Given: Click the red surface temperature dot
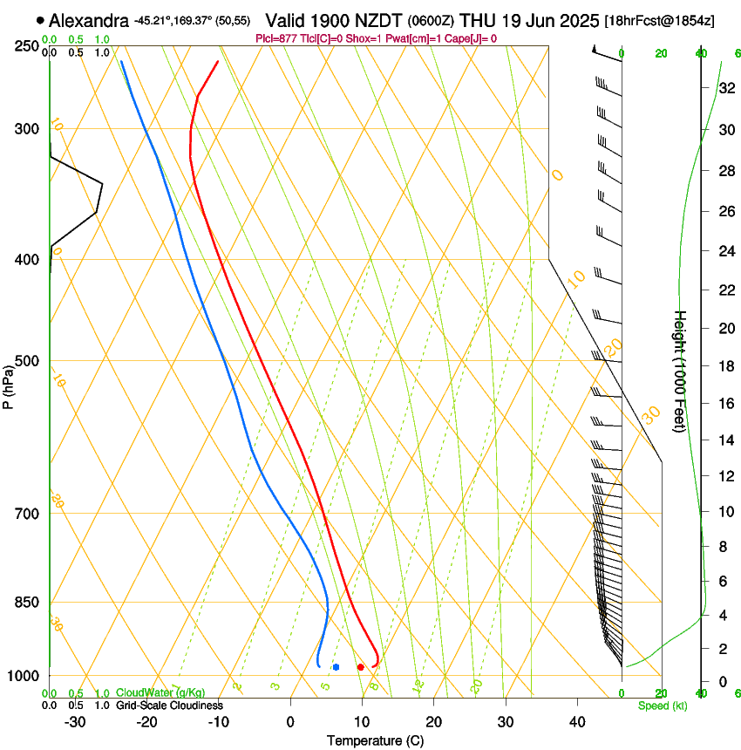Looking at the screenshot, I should (360, 667).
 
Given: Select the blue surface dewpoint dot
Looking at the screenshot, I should (336, 667).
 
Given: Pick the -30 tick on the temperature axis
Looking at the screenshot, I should (75, 722).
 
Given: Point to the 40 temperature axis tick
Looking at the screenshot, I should (577, 722).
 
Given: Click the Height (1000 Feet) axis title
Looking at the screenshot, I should (681, 371).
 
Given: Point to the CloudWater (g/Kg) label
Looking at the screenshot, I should (160, 693).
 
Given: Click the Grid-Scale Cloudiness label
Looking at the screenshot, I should (169, 706).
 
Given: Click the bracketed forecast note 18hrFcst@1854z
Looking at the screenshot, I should (660, 20).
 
